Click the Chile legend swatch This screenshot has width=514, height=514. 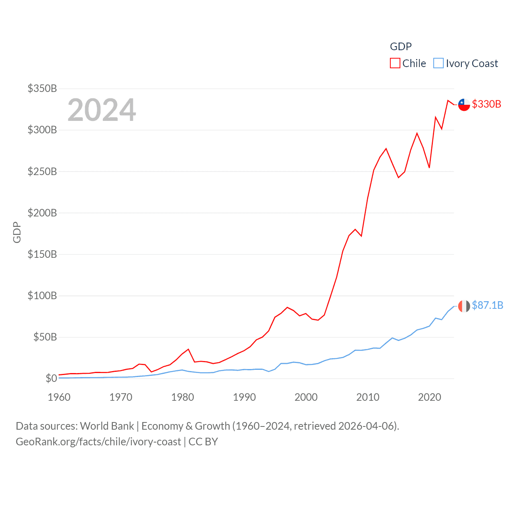click(x=395, y=63)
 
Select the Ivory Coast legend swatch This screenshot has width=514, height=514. click(x=439, y=63)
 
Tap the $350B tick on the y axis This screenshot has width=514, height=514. click(x=42, y=88)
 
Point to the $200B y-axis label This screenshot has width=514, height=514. click(x=42, y=213)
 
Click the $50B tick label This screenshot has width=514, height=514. click(x=45, y=337)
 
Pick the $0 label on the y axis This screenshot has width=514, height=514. click(x=51, y=378)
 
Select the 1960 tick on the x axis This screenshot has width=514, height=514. click(x=59, y=397)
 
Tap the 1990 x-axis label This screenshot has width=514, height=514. click(x=244, y=397)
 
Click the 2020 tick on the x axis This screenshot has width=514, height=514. click(x=429, y=397)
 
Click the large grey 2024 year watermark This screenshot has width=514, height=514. click(x=102, y=110)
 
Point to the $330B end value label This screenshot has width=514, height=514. click(x=486, y=104)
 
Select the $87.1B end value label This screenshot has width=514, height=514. click(x=487, y=305)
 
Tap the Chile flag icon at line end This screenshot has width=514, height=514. click(x=464, y=104)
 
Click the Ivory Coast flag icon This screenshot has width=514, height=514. click(x=464, y=306)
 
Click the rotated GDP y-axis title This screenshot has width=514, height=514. click(x=17, y=232)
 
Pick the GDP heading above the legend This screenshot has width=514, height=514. click(x=401, y=47)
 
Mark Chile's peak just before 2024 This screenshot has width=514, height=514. click(x=448, y=100)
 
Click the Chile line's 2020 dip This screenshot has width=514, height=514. click(x=429, y=167)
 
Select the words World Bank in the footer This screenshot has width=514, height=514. click(x=107, y=426)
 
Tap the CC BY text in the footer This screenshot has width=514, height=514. click(x=203, y=442)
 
